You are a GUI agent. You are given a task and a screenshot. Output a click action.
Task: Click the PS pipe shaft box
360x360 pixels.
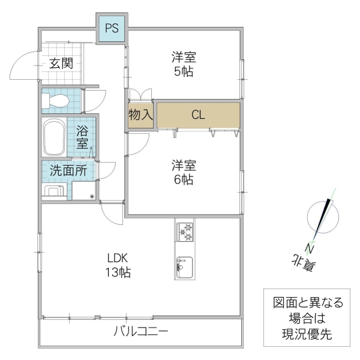point(112,28)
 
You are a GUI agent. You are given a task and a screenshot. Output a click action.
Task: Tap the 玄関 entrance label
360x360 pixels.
point(61,63)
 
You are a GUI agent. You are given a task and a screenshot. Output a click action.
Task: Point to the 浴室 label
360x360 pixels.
point(82,137)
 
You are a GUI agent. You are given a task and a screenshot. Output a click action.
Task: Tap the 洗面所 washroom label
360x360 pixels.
point(68,170)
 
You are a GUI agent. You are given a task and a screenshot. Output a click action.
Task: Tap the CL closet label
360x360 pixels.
point(198,115)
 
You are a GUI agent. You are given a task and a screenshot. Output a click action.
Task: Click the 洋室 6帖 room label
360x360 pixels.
point(184,172)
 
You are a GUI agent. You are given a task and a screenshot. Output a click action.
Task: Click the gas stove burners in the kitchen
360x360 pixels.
point(185,232)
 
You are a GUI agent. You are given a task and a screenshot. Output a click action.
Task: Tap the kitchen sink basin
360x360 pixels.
point(184,266)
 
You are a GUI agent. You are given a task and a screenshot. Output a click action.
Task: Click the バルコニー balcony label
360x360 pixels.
point(141,331)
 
